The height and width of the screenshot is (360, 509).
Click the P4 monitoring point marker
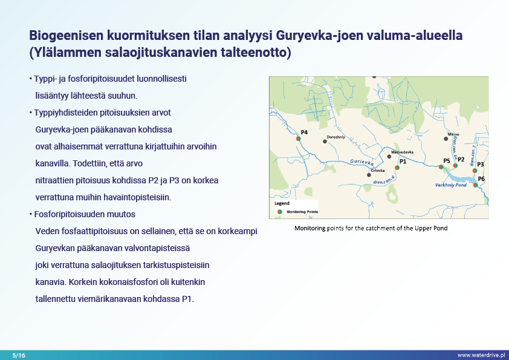(299, 139)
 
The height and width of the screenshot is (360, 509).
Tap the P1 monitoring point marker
(397, 168)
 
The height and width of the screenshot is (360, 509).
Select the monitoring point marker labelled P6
(476, 185)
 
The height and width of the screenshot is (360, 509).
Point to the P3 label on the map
(481, 164)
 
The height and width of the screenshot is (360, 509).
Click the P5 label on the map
(447, 160)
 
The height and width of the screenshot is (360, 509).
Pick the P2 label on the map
(461, 159)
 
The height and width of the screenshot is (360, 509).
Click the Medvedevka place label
(402, 151)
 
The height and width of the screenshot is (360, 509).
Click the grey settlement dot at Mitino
(446, 139)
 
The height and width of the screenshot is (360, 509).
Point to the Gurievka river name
(362, 163)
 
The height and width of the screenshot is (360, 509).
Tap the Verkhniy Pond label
(450, 186)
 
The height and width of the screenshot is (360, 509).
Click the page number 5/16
(19, 355)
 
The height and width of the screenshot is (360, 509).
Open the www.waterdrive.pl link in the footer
(481, 355)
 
